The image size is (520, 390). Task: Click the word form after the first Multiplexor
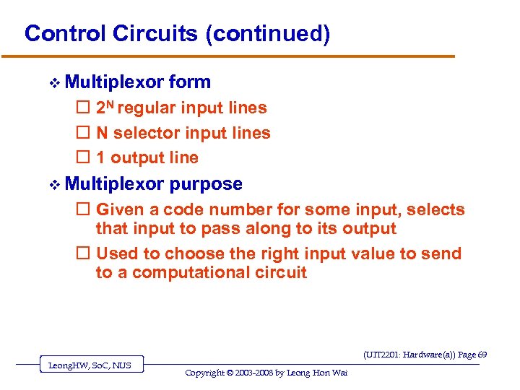(190, 82)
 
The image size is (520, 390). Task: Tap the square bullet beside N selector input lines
(82, 133)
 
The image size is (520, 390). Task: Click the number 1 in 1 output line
(100, 157)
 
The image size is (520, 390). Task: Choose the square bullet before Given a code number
(82, 210)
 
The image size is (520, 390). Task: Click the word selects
(435, 210)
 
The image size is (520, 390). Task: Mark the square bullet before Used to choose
(82, 254)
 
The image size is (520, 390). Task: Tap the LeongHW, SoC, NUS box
(90, 365)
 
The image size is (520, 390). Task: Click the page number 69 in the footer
(482, 355)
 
